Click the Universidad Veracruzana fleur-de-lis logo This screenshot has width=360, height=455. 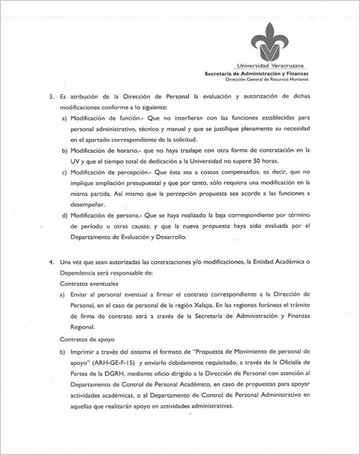[x=269, y=43]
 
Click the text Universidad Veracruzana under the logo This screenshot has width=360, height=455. [x=270, y=66]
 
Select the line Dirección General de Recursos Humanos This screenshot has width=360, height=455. [x=267, y=80]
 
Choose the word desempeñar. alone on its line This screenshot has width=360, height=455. [x=87, y=205]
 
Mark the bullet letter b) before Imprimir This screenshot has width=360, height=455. [x=64, y=350]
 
